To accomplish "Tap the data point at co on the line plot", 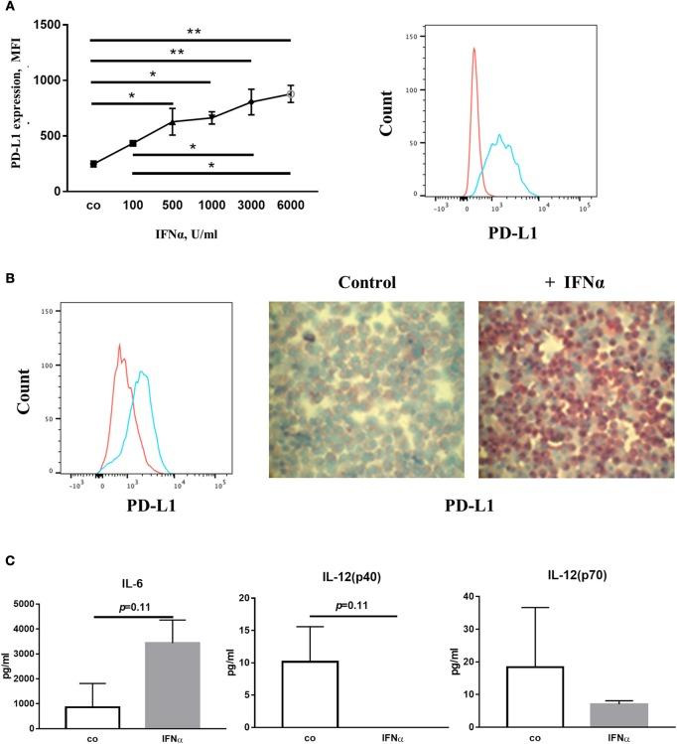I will tap(93, 164).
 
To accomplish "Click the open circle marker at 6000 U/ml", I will tap(291, 93).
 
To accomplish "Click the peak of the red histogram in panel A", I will tap(474, 49).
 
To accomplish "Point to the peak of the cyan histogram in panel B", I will tap(143, 373).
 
